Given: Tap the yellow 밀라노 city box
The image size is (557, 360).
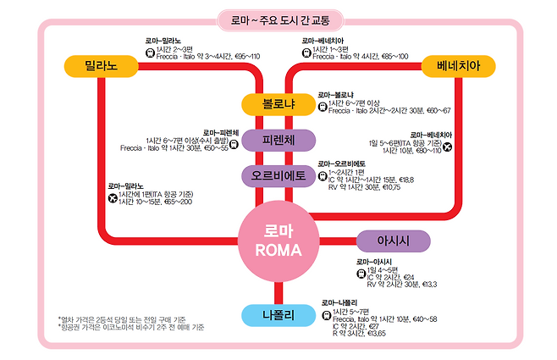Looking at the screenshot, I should pyautogui.click(x=100, y=65).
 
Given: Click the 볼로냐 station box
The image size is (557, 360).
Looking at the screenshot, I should pyautogui.click(x=278, y=104).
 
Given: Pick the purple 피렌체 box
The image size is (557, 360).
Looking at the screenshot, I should pyautogui.click(x=278, y=140).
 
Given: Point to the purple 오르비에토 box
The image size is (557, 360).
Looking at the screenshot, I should pyautogui.click(x=278, y=176).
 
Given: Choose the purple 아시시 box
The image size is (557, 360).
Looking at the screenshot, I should pyautogui.click(x=393, y=241).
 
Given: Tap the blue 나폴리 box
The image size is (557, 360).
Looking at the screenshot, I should pyautogui.click(x=278, y=316).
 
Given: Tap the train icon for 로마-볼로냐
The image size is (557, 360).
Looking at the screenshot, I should pyautogui.click(x=322, y=107).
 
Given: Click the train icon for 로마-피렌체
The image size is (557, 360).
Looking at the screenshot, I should pyautogui.click(x=234, y=145).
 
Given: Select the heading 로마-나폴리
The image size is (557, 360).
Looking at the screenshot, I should pyautogui.click(x=339, y=302).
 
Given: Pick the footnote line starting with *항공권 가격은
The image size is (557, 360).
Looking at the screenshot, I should pyautogui.click(x=130, y=327).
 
